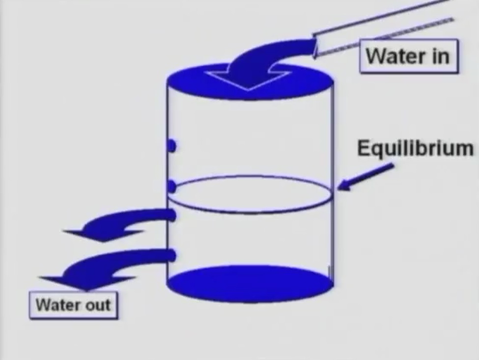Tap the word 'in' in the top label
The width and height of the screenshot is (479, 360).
point(440,56)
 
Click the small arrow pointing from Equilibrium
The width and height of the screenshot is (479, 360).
point(366,177)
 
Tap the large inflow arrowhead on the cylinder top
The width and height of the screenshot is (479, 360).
point(248,80)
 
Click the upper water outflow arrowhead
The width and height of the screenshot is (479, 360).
point(103,236)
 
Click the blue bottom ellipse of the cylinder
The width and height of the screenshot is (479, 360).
point(250,284)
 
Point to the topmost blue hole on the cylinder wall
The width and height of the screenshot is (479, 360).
point(171,146)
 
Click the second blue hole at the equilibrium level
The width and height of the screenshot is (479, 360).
point(171,187)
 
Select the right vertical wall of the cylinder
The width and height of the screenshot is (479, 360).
point(333,183)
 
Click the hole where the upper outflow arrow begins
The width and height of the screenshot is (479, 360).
point(172,215)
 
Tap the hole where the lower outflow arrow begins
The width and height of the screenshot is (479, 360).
point(172,255)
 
